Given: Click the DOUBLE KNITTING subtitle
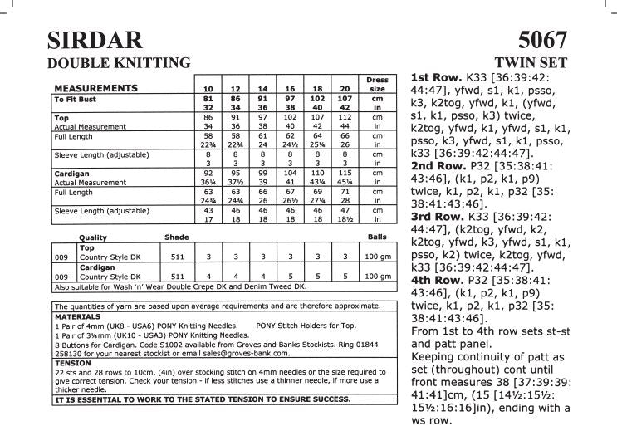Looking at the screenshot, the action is coord(120,62).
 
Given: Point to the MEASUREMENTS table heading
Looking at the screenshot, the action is coord(95,87).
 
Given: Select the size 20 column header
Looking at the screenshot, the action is coord(344,88).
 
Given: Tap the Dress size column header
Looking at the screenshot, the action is coord(377,84).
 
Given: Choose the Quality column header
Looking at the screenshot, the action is coord(92,237).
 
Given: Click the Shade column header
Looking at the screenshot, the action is coord(176,237).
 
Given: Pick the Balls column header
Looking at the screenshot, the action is coord(377,237).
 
